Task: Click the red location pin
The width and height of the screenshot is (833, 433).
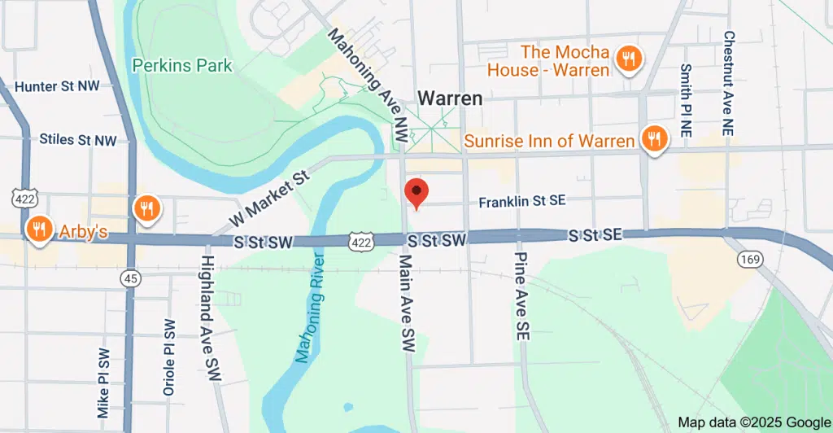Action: coord(416,193)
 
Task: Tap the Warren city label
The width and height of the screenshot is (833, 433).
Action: coord(450,98)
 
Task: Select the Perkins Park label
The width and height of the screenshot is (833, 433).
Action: coord(182,66)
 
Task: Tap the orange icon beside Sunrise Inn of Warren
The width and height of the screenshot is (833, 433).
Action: coord(653,140)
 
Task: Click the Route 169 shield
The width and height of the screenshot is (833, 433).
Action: coord(748,259)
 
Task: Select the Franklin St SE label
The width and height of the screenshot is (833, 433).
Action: coord(521,201)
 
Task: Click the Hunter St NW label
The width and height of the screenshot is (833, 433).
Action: coord(56,86)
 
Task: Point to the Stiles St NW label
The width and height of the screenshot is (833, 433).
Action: coord(78,140)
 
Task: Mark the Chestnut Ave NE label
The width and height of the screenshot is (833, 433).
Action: coord(729,82)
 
